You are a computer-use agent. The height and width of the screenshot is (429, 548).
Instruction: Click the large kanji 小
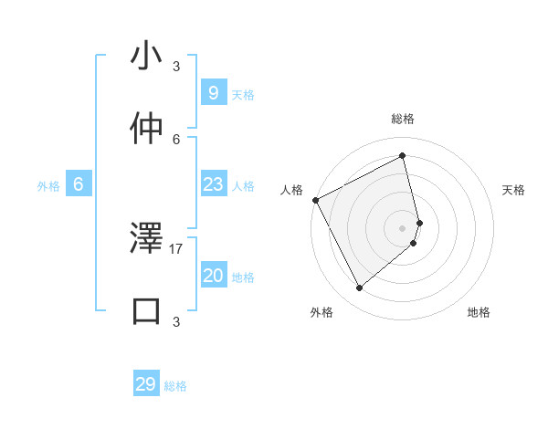click(x=147, y=57)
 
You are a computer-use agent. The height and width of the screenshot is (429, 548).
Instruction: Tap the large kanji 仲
click(x=147, y=129)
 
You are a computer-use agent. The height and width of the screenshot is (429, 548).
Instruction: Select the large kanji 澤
click(x=147, y=238)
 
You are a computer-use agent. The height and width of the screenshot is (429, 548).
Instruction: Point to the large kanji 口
click(x=147, y=310)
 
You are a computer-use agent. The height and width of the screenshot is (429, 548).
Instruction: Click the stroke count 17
click(x=176, y=247)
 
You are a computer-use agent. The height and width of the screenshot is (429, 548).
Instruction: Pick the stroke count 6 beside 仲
click(x=176, y=139)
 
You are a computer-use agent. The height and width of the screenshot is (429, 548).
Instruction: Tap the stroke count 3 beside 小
click(x=176, y=67)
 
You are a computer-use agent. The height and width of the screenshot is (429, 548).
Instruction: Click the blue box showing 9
click(x=213, y=92)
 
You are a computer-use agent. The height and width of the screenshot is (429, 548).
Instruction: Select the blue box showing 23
click(x=213, y=184)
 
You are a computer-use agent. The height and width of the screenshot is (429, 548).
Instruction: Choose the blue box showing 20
click(x=213, y=276)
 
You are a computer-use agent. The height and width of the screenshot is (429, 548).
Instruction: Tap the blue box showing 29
click(x=146, y=384)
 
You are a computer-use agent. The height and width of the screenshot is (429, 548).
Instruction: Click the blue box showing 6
click(x=79, y=184)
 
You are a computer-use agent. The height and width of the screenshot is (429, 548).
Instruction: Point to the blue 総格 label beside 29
click(x=175, y=386)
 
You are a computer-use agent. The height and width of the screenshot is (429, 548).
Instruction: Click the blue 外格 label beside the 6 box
click(x=48, y=186)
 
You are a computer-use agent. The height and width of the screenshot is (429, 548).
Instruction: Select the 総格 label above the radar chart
click(x=403, y=120)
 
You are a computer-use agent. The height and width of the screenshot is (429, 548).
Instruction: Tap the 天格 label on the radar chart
click(x=513, y=190)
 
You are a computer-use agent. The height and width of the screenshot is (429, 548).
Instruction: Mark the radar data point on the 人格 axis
click(x=315, y=200)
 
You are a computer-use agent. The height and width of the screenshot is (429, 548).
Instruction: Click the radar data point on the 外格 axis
click(x=359, y=288)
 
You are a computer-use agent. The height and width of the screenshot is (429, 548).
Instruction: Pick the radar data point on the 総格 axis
click(x=403, y=155)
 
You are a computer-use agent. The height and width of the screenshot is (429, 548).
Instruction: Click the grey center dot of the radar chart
click(x=403, y=227)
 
